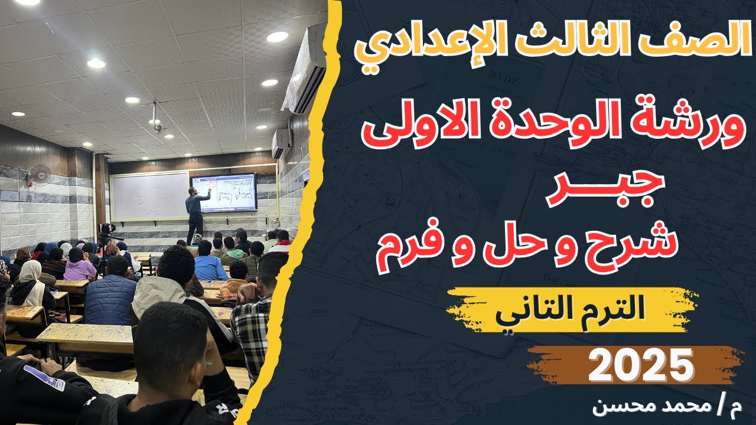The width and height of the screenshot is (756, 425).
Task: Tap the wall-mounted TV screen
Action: pyautogui.click(x=223, y=192)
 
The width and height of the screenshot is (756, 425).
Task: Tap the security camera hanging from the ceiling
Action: pyautogui.click(x=157, y=125)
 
